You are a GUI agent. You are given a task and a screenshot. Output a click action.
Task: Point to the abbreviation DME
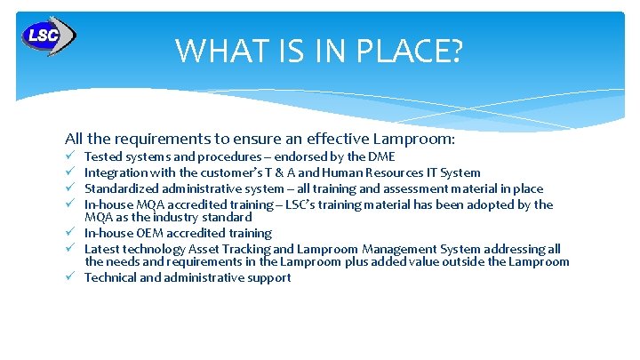click(x=381, y=157)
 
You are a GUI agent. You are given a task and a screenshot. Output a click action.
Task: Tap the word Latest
click(x=102, y=249)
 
